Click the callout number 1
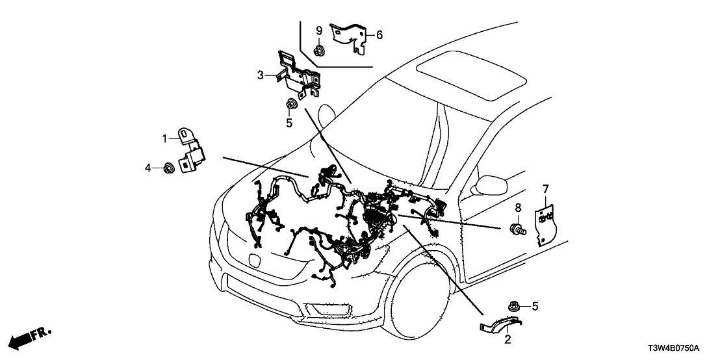click(165, 138)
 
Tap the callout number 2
click(507, 339)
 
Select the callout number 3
click(261, 75)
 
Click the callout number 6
click(380, 34)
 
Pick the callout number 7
click(545, 189)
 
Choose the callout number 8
click(518, 208)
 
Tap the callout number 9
click(319, 31)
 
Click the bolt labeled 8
click(518, 229)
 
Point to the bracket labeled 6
click(351, 36)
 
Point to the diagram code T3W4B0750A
click(682, 348)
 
